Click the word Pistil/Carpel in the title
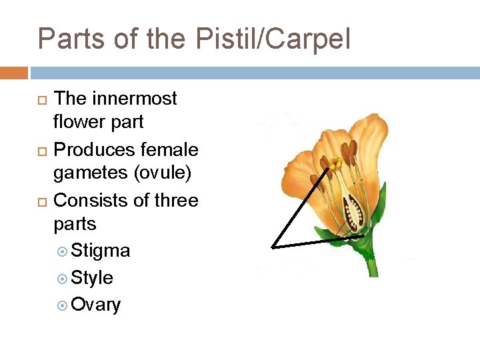click(x=273, y=39)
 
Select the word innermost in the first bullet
click(x=135, y=99)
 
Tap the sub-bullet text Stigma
click(x=101, y=251)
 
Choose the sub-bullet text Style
click(x=92, y=278)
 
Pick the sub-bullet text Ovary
click(x=96, y=305)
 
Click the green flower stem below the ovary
click(x=371, y=263)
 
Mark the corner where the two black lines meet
click(x=273, y=247)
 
